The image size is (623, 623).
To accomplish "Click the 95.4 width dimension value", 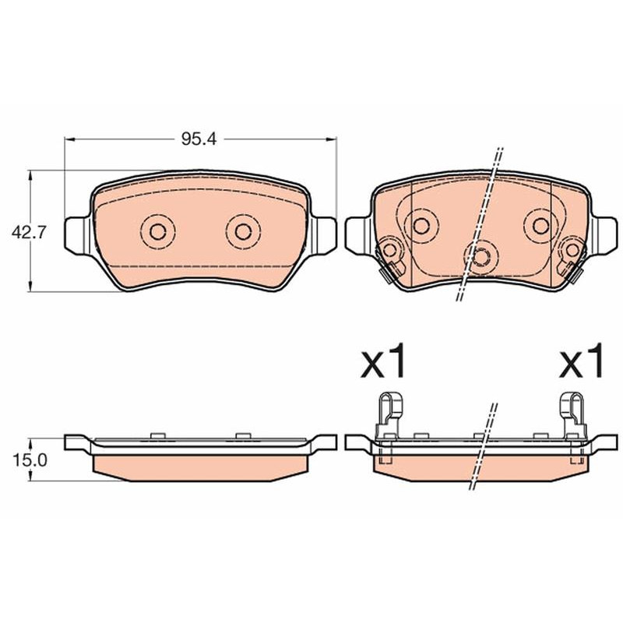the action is [199, 139].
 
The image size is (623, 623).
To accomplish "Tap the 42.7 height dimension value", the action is [29, 232].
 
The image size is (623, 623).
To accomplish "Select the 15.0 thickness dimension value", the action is [30, 460].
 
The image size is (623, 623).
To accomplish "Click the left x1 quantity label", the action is [383, 361].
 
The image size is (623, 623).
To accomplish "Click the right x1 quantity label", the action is [582, 361].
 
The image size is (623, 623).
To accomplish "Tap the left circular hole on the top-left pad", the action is [158, 231].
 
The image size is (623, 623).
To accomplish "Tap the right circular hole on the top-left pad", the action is [243, 231].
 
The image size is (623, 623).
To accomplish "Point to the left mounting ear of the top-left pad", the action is [78, 235].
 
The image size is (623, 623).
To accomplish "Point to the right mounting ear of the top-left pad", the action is [323, 235].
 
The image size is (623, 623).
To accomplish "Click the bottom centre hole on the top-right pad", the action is [481, 257].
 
